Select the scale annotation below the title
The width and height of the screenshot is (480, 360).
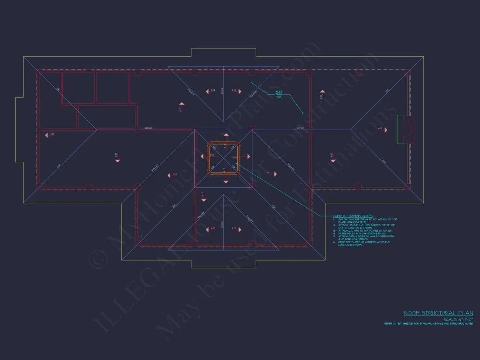[x=458, y=319]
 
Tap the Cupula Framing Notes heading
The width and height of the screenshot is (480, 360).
[x=353, y=216]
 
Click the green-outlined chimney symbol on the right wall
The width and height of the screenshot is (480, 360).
[x=405, y=130]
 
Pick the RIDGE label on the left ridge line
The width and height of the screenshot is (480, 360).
[x=148, y=128]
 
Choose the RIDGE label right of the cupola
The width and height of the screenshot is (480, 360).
[x=300, y=128]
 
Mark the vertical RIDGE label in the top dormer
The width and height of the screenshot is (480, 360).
[x=223, y=91]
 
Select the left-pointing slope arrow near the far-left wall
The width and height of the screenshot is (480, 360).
[x=46, y=135]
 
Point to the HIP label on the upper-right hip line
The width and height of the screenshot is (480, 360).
[x=387, y=91]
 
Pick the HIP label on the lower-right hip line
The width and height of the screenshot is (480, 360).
[x=384, y=162]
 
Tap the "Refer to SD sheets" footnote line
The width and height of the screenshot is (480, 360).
[x=428, y=324]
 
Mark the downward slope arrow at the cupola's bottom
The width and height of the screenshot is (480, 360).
[x=226, y=181]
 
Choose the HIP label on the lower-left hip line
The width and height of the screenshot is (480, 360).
[x=58, y=166]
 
